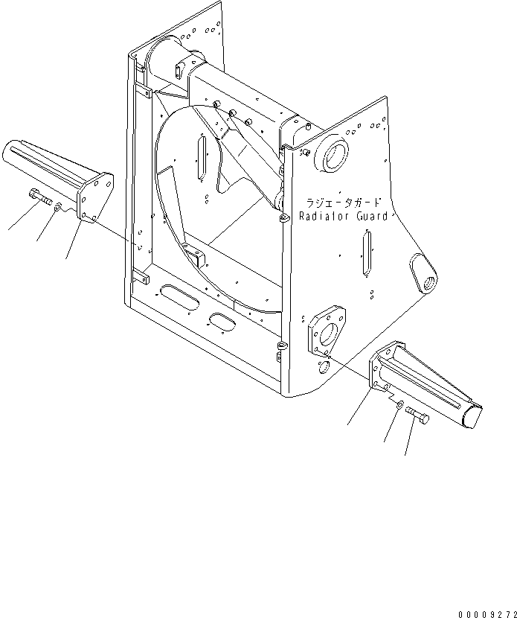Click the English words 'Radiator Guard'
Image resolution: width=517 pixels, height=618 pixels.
coord(343,216)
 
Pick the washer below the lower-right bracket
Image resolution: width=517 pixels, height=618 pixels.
coord(400,404)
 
